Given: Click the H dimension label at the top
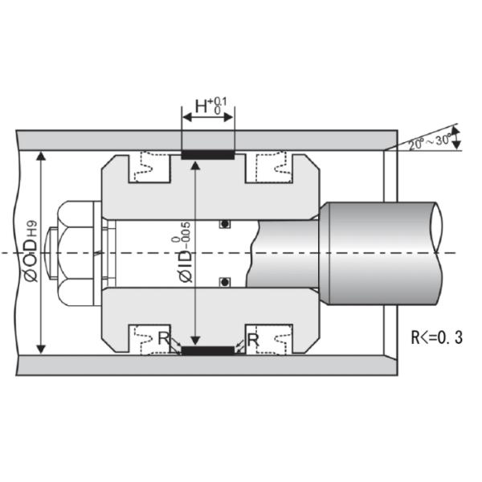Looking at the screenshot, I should pos(210,106).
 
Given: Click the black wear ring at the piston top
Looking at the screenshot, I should pos(208,153).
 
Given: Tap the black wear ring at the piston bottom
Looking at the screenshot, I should pos(208,352).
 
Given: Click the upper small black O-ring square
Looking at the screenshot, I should pos(226,224).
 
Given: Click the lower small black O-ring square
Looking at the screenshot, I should pos(226,280).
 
